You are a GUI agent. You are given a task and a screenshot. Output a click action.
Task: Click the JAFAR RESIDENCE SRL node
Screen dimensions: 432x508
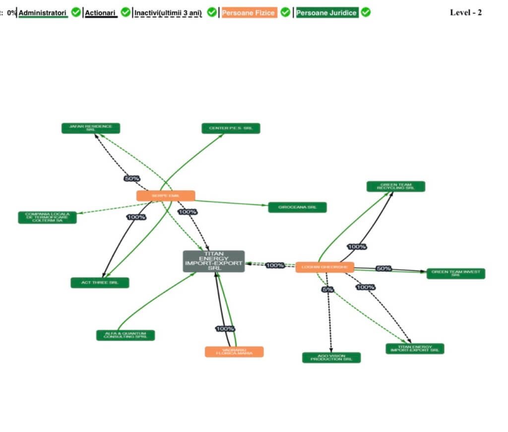(90, 128)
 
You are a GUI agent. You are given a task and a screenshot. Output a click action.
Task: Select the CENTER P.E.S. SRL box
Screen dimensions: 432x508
(231, 128)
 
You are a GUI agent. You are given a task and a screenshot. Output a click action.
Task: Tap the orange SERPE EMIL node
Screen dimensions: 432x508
(166, 196)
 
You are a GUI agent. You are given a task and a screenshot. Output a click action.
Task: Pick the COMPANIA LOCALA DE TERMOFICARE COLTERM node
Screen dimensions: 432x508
(48, 217)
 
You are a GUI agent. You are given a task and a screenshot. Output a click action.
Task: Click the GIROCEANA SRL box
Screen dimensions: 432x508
(297, 207)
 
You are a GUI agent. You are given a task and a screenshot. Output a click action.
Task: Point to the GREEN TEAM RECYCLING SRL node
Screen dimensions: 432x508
(396, 186)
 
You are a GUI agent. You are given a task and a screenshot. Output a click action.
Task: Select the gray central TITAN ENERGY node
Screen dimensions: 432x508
(214, 261)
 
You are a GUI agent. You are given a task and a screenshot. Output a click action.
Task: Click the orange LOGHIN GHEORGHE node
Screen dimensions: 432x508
(325, 267)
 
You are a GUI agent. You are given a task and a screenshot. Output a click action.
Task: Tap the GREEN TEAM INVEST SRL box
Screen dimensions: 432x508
(456, 273)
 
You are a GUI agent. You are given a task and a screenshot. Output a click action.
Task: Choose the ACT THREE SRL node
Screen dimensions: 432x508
(100, 283)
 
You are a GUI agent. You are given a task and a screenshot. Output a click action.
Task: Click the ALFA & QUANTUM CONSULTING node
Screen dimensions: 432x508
(126, 335)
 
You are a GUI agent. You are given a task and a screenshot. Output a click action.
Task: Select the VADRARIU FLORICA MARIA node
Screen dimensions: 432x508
(234, 352)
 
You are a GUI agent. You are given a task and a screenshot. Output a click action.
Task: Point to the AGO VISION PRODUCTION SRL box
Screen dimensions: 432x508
(331, 358)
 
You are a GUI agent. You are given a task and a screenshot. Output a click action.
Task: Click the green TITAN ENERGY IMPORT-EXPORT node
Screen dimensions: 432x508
(415, 349)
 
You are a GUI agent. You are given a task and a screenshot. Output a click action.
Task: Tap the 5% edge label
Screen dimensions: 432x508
(328, 290)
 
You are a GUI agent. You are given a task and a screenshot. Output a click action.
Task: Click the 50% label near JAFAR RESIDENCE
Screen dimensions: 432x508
(131, 178)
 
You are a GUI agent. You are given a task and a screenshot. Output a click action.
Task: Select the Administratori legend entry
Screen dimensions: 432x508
(43, 12)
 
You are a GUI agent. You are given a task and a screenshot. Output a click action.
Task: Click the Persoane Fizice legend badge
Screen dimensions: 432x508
(249, 13)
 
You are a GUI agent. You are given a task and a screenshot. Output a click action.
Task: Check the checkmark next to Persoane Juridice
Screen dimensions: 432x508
(366, 12)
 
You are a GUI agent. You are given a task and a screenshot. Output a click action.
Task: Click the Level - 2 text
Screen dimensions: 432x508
(465, 13)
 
